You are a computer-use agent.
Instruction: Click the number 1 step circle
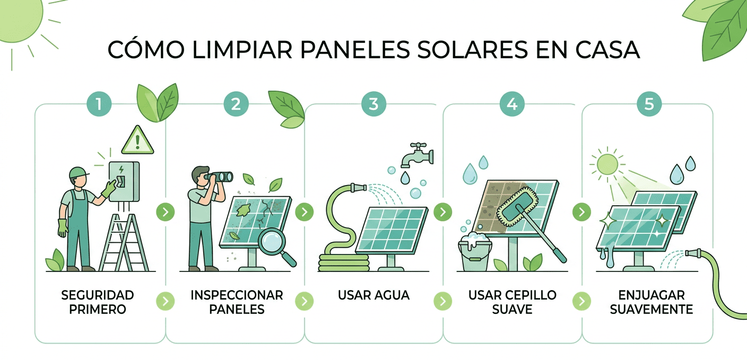[98, 103]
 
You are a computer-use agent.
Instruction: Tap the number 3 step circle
[373, 103]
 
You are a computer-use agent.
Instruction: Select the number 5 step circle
[649, 103]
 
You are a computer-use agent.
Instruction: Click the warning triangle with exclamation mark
[137, 140]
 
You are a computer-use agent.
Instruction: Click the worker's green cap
[77, 172]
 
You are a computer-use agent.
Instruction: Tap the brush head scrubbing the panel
[517, 207]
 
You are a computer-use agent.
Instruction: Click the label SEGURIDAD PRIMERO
[98, 302]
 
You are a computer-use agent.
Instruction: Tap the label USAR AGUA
[373, 295]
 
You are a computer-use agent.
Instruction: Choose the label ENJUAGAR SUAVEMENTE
[652, 302]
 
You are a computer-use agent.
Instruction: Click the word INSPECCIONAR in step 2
[237, 295]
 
